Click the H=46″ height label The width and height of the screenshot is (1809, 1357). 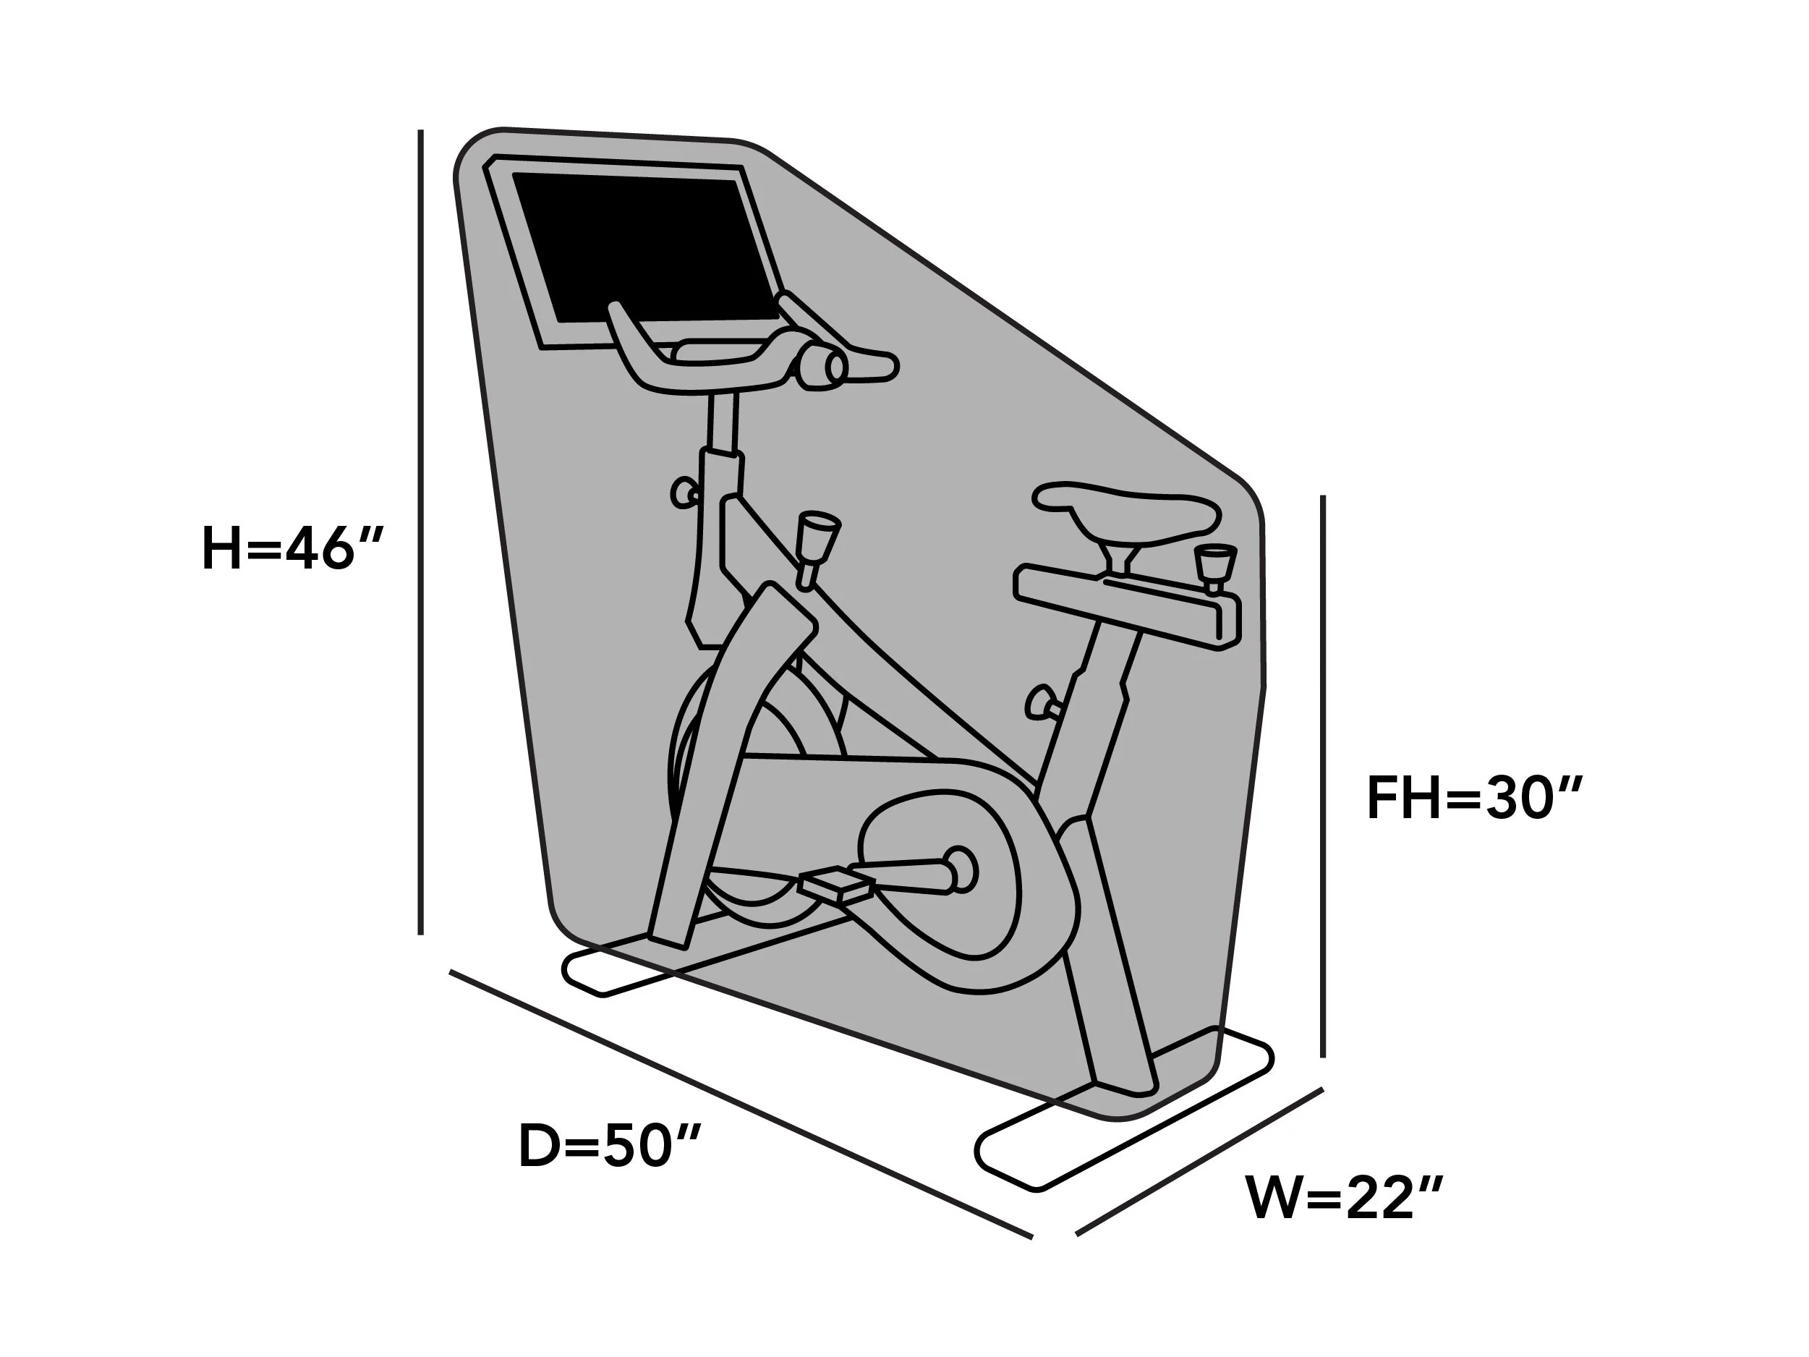pyautogui.click(x=292, y=549)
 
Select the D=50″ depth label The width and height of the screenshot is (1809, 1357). pyautogui.click(x=610, y=1146)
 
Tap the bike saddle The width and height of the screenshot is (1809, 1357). pyautogui.click(x=1127, y=514)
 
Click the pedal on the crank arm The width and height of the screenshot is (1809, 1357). pyautogui.click(x=836, y=886)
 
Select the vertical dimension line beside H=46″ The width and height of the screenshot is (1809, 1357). pyautogui.click(x=420, y=532)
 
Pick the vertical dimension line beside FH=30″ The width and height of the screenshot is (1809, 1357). pyautogui.click(x=1322, y=775)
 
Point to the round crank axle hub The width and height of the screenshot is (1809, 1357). pyautogui.click(x=959, y=871)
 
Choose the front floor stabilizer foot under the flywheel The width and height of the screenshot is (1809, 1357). pyautogui.click(x=621, y=965)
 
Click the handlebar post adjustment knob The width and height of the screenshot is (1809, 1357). pyautogui.click(x=684, y=493)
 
